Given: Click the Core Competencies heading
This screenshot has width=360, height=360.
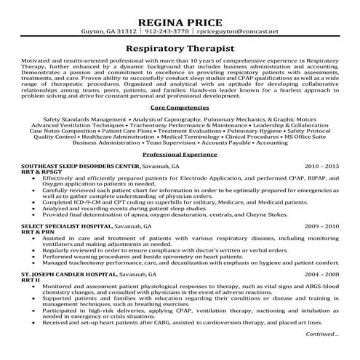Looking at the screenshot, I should tap(179, 106).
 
